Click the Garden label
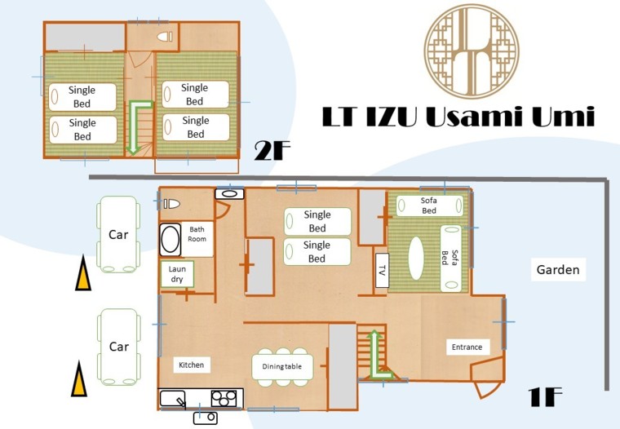click(558, 270)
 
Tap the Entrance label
click(467, 347)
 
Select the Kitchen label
click(192, 365)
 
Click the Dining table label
click(282, 366)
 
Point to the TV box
click(382, 271)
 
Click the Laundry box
click(177, 273)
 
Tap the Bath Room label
click(197, 234)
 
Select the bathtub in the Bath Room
click(170, 239)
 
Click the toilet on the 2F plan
click(165, 37)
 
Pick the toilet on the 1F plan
click(171, 204)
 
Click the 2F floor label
click(272, 151)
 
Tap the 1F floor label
click(545, 396)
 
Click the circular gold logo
click(472, 51)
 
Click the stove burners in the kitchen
click(224, 398)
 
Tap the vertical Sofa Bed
click(451, 258)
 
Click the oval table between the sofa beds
click(416, 259)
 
